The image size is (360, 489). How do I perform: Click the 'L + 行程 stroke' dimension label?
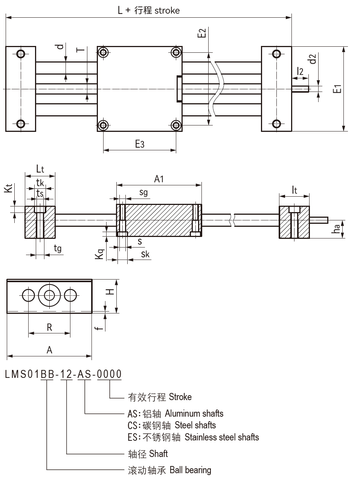[x=149, y=10]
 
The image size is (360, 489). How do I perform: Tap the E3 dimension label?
[x=140, y=144]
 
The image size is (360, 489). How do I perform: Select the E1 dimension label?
[x=338, y=89]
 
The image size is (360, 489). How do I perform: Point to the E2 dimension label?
[x=202, y=33]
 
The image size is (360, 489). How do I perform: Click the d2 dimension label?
[x=313, y=59]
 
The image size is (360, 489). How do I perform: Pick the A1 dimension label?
[x=159, y=179]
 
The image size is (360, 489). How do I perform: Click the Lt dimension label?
[x=40, y=169]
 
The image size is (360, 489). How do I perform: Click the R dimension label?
[x=49, y=327]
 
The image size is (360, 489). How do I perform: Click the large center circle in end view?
[x=49, y=296]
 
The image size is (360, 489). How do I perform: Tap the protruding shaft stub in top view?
[x=301, y=89]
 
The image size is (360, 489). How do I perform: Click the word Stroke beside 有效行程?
[x=180, y=397]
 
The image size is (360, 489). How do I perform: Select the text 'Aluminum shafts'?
[x=194, y=413]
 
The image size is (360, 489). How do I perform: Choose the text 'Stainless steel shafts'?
[x=222, y=437]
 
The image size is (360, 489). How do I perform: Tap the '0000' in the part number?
[x=109, y=374]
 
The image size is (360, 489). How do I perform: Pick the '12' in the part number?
[x=66, y=374]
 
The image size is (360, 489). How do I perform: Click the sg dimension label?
[x=143, y=193]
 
